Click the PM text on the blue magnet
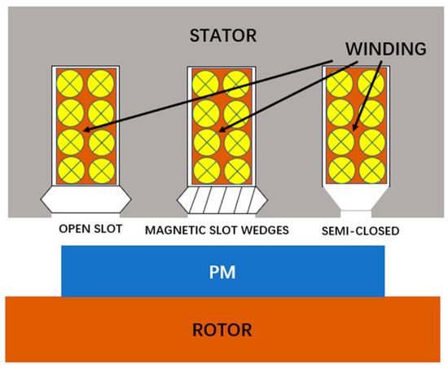tap(222, 269)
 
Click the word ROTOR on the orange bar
tap(222, 330)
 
